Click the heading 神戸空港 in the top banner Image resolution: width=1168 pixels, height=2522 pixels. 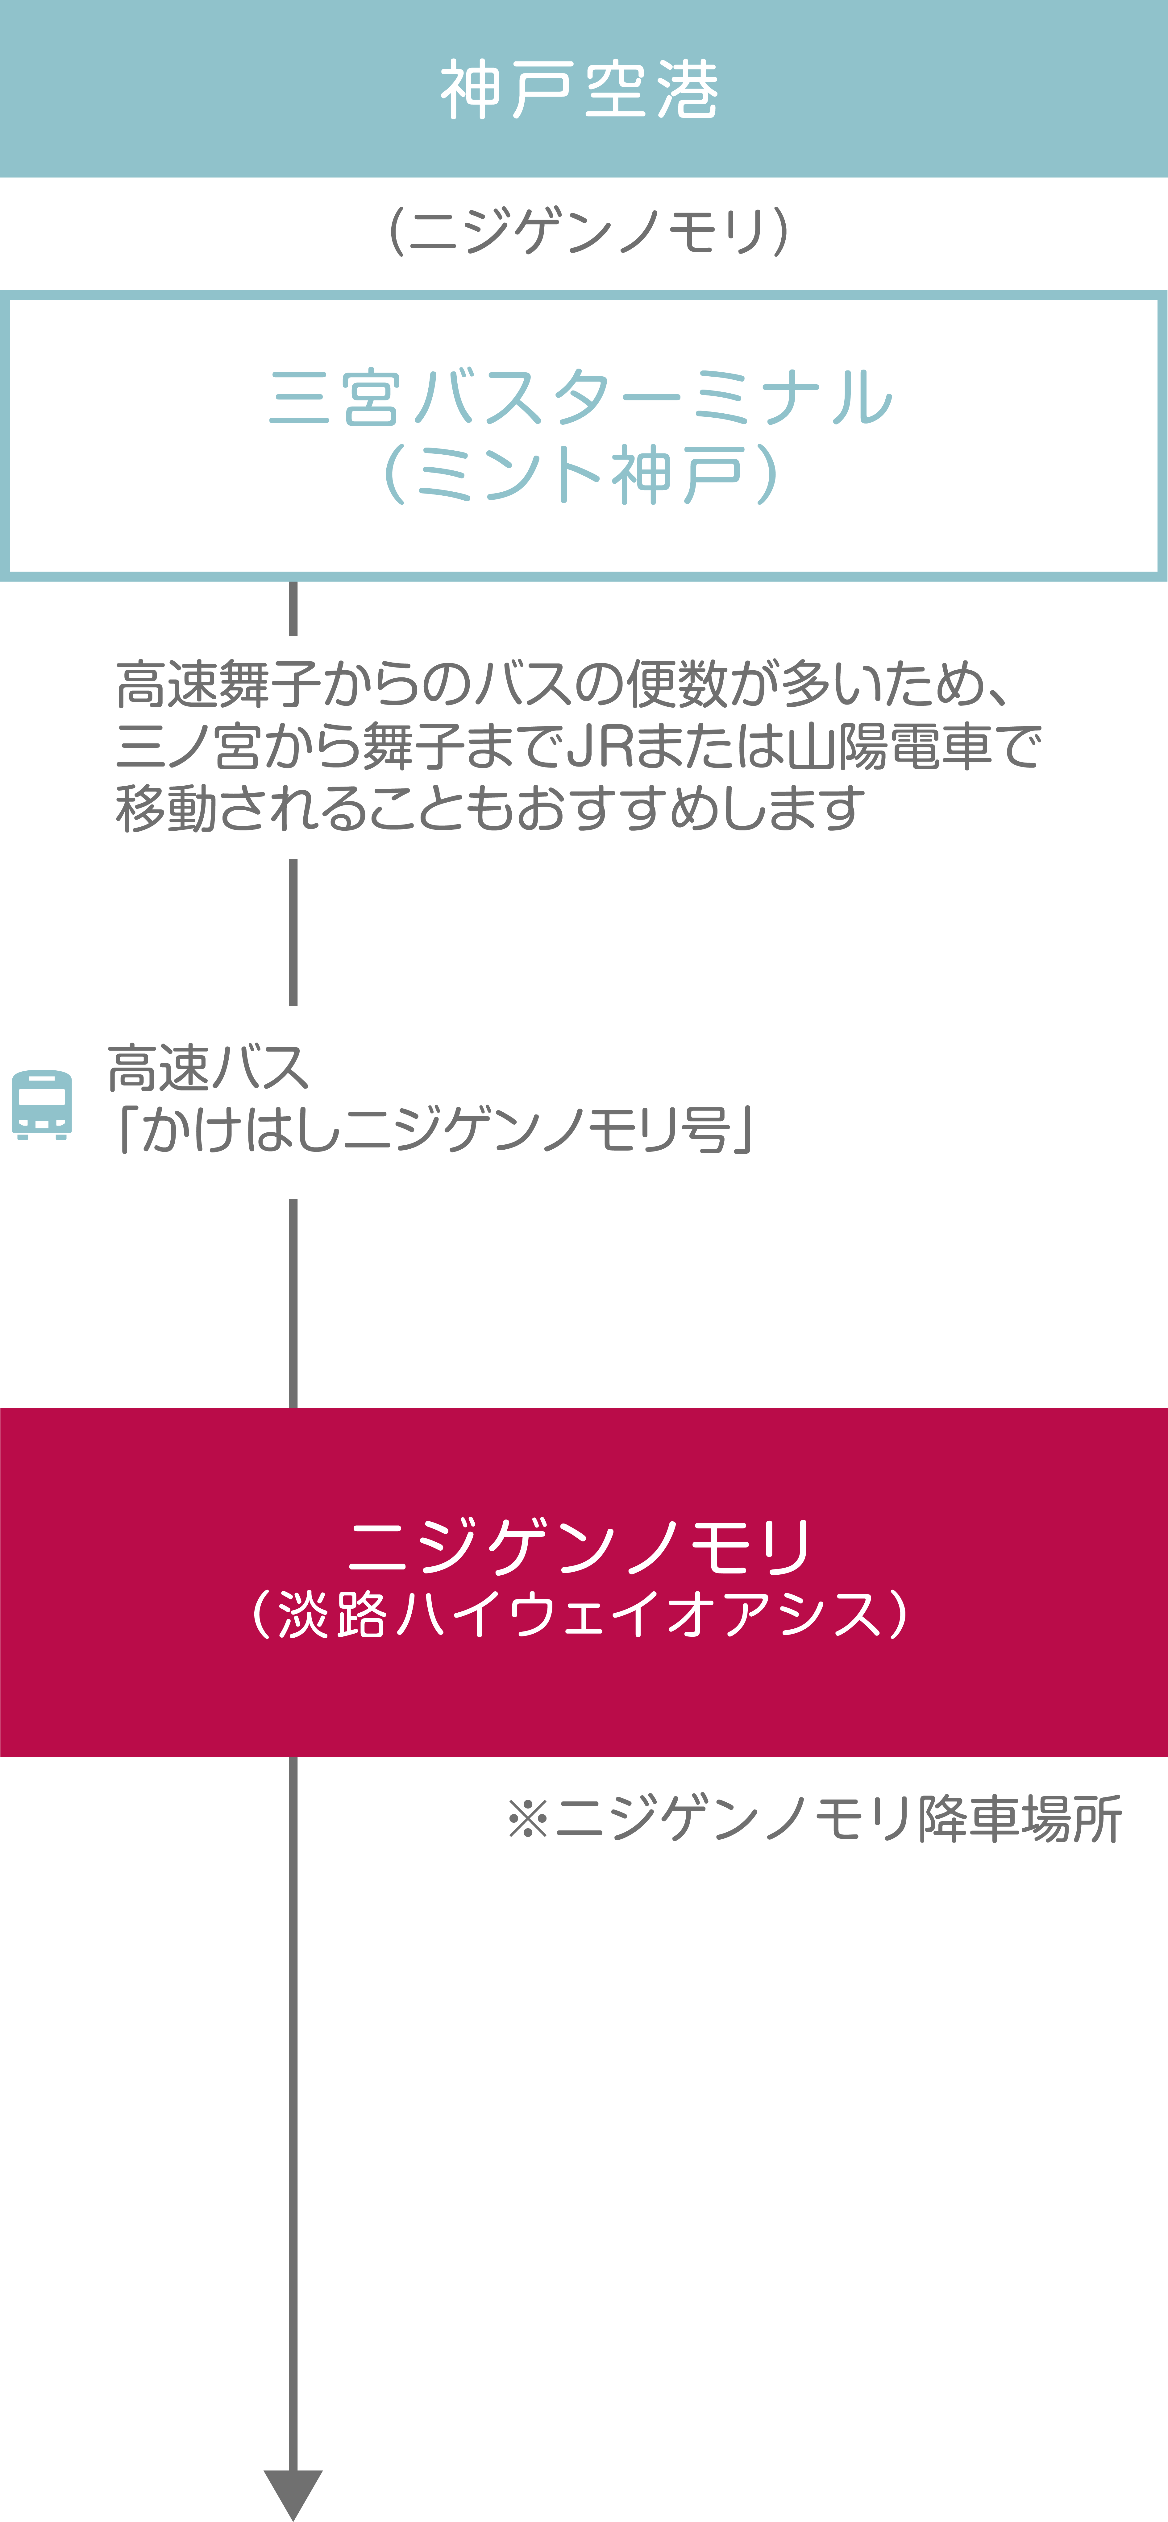580,89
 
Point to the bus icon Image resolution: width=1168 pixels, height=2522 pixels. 42,1104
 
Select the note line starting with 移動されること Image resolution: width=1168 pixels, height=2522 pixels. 489,809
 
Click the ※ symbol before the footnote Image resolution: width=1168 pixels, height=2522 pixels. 529,1819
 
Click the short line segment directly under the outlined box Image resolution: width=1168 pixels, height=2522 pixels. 293,608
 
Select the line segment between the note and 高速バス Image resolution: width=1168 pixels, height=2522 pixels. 293,932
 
